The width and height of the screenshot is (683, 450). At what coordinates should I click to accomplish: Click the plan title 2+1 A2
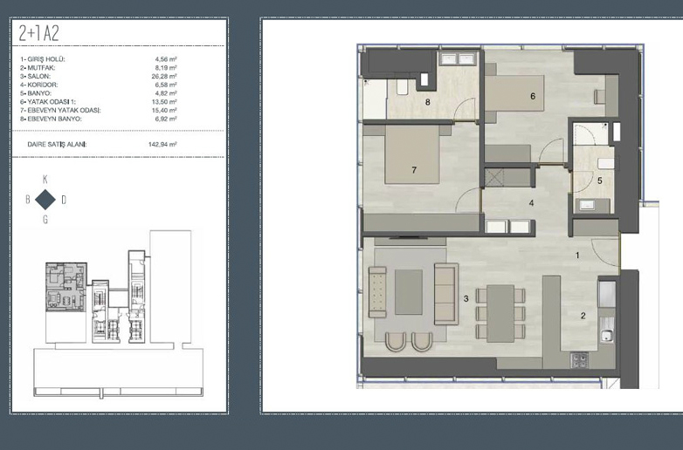coord(38,33)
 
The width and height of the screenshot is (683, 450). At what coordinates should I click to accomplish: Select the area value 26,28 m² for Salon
coord(166,76)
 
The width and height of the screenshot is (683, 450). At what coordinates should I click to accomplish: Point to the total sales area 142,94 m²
coord(162,145)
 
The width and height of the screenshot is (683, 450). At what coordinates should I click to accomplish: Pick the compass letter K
coord(45,179)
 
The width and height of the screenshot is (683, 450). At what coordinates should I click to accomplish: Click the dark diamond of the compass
coord(45,200)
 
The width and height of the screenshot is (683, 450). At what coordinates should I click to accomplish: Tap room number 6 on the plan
coord(533,96)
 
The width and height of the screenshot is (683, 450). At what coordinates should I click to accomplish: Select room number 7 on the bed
coord(414,170)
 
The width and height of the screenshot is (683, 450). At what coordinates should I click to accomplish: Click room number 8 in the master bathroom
coord(428,102)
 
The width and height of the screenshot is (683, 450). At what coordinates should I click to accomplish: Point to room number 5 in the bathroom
coord(600,181)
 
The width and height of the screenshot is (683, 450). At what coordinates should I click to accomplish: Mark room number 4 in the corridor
coord(531,203)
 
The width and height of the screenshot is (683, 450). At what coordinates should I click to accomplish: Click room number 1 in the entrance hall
coord(577,256)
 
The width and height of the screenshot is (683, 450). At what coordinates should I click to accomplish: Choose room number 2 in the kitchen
coord(583,316)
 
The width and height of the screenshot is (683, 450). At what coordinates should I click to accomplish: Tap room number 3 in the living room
coord(466,299)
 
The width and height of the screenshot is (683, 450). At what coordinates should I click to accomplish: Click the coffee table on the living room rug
coord(409,292)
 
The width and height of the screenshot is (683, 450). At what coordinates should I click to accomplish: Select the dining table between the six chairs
coord(500,313)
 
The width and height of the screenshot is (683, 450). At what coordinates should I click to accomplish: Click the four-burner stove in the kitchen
coord(579,360)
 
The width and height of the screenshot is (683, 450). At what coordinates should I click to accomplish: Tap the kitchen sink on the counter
coord(605,336)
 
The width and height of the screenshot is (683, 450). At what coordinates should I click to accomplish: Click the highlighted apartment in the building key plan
coord(66,287)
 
